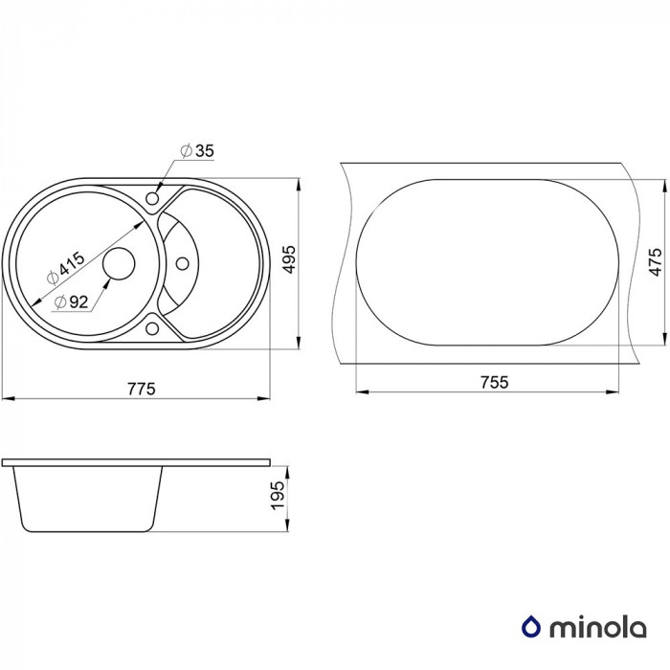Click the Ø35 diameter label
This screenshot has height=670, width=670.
click(197, 151)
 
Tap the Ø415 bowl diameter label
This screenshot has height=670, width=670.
click(65, 268)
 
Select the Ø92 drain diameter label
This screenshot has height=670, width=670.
click(72, 301)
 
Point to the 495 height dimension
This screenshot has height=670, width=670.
click(289, 259)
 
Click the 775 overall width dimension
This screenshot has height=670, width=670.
click(142, 389)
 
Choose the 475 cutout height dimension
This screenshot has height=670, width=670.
click(655, 261)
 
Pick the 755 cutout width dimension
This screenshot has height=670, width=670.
click(495, 382)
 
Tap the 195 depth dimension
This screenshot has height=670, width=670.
click(278, 495)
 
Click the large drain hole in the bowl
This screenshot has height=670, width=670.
click(120, 263)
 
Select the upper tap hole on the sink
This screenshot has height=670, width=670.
click(152, 198)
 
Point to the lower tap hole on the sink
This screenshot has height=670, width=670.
click(152, 328)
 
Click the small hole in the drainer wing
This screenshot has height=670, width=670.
click(183, 263)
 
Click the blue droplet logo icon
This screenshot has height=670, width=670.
click(531, 627)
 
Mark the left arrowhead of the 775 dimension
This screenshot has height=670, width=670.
click(9, 399)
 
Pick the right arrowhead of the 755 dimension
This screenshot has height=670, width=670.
click(613, 391)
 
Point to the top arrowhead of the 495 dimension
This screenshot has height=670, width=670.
click(299, 185)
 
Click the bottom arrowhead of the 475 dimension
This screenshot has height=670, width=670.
click(664, 338)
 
